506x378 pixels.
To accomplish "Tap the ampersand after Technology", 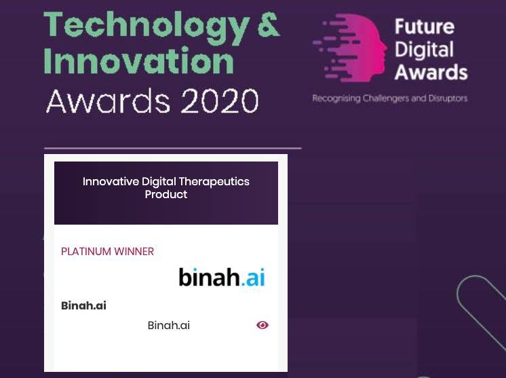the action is tap(269, 24).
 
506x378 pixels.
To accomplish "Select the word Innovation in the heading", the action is tap(138, 60).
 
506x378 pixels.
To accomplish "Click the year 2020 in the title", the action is tap(220, 101).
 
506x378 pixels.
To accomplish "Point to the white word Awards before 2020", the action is tap(109, 101).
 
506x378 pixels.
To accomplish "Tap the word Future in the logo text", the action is tap(425, 26).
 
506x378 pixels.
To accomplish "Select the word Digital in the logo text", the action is tap(424, 50).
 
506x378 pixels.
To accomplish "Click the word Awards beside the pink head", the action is tap(431, 72).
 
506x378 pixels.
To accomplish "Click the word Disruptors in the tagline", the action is tap(448, 98).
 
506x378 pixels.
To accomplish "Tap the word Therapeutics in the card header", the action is tap(214, 181).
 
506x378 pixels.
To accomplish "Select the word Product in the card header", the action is tap(166, 194).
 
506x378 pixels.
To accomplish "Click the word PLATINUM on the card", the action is tap(86, 252).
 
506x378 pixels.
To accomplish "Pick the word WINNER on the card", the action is tap(134, 252).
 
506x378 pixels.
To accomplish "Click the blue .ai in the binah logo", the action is tap(253, 278).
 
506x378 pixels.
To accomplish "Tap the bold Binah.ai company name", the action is tap(83, 305).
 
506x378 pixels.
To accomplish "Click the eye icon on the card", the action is tap(262, 325).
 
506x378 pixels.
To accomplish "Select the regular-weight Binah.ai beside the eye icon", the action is tap(168, 325).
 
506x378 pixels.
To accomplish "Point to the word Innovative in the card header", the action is tap(111, 181).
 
